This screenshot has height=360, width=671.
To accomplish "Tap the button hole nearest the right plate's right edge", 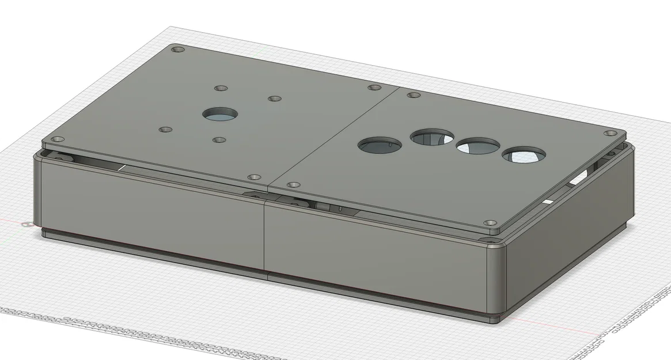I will tap(523, 155).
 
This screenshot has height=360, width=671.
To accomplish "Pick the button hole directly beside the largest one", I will tap(432, 137).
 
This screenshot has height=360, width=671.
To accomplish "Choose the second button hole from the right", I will tap(477, 146).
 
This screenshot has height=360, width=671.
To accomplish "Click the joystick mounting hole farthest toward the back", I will tap(219, 89).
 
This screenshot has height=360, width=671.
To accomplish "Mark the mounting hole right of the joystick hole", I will tap(274, 99).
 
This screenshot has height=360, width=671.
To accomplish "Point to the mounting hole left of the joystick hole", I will tap(165, 130).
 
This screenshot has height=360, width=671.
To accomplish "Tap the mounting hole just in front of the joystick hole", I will tap(219, 139).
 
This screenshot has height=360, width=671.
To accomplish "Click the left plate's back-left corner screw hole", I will tap(178, 50).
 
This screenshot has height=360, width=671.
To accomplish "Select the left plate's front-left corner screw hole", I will tap(58, 139).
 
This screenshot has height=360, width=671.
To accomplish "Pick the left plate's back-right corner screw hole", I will tap(374, 88).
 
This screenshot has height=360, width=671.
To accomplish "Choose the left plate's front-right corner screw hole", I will tap(253, 177).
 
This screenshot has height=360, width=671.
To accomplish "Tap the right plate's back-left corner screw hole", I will tap(412, 95).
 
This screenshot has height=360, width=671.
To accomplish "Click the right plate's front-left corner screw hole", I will tap(293, 185).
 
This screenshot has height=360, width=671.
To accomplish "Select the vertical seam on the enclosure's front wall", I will tap(264, 236).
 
